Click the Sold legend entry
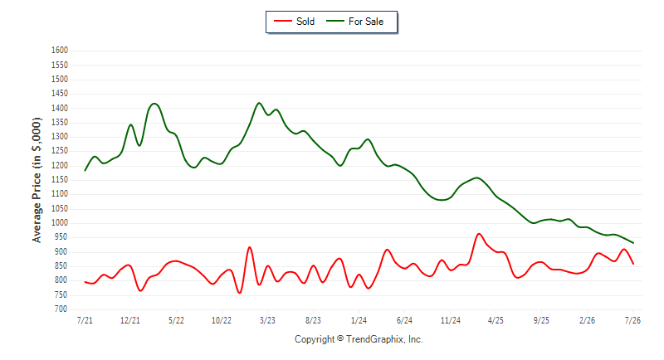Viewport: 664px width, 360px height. (295, 22)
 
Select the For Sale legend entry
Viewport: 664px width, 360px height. (355, 22)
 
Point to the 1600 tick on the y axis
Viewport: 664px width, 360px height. (60, 51)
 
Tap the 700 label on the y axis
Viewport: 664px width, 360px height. (61, 309)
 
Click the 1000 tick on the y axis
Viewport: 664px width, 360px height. (60, 223)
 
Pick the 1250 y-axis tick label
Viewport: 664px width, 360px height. (60, 151)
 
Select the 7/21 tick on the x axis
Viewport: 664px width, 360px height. (85, 320)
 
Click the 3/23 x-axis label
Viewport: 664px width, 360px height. (267, 320)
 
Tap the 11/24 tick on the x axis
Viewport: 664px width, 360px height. (450, 320)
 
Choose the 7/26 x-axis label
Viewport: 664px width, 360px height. (632, 320)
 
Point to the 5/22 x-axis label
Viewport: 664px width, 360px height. (176, 320)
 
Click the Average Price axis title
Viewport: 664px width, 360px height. (37, 180)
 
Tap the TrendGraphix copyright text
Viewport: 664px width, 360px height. (359, 339)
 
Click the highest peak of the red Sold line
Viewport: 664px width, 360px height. (479, 234)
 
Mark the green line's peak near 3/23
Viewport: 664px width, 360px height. (259, 103)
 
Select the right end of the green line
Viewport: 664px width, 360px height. (633, 243)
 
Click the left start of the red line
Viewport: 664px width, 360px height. (85, 282)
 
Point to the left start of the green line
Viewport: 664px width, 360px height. (85, 171)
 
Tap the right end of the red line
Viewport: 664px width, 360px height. (633, 264)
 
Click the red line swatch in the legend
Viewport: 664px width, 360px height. (283, 21)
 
